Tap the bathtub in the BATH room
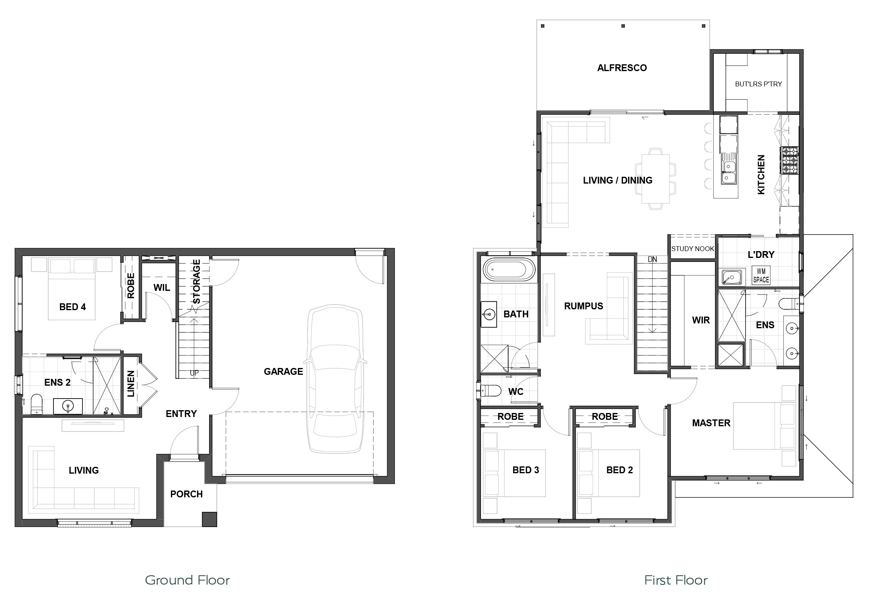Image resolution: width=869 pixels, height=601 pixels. [x=509, y=269]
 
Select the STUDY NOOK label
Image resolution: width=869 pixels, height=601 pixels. [x=692, y=249]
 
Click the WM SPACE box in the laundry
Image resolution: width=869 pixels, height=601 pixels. [x=761, y=276]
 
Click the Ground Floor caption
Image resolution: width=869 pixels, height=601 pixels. [x=187, y=580]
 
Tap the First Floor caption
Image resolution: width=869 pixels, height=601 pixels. [x=676, y=580]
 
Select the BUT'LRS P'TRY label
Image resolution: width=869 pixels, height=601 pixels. [x=758, y=84]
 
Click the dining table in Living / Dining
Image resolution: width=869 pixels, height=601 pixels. [x=655, y=178]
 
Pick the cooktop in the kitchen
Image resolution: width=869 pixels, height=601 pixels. [x=790, y=160]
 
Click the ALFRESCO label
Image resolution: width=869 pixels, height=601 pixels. [x=622, y=68]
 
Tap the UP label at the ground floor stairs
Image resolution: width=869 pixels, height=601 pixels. [x=194, y=373]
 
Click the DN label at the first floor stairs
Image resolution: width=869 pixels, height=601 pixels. [x=652, y=260]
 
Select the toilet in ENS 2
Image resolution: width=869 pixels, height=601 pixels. [x=37, y=404]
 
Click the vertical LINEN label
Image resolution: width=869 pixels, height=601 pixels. [x=131, y=384]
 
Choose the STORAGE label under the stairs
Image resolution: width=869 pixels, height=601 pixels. [x=196, y=282]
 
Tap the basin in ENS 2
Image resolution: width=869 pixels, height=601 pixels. [x=68, y=407]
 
